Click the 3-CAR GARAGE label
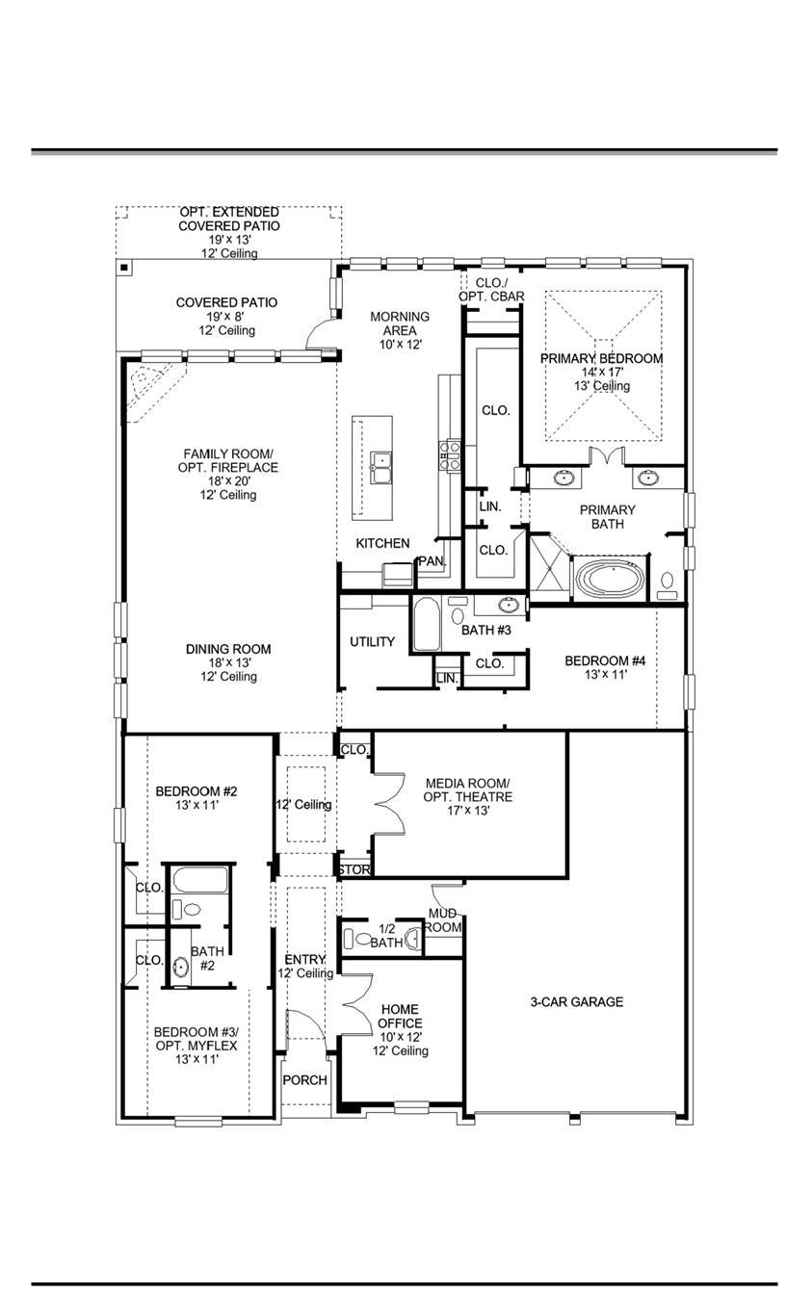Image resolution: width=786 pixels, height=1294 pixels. point(576,1001)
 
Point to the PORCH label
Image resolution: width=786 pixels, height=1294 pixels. point(304,1080)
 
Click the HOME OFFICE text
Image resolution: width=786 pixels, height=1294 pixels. point(399,1016)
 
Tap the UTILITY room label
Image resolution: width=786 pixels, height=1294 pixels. point(372,641)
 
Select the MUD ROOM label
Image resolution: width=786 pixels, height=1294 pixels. point(445,919)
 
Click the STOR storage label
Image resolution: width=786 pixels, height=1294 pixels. point(354,869)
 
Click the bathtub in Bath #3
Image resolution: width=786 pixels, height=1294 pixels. point(427,625)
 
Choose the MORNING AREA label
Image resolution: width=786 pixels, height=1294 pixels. point(400,323)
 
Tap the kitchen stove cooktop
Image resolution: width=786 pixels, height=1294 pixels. point(450,454)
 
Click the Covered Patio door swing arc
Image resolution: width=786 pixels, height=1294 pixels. point(320,334)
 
